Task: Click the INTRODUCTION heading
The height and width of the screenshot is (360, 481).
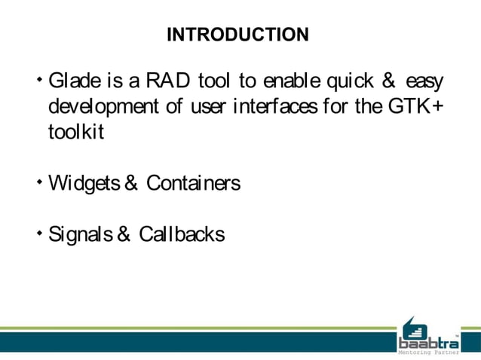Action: [x=237, y=35]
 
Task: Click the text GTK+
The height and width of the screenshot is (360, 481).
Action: [x=415, y=106]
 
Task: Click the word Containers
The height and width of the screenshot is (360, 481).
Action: [x=194, y=183]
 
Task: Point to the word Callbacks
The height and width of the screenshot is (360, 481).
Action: [x=185, y=234]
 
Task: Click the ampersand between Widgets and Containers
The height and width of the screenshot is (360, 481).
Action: [x=130, y=183]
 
